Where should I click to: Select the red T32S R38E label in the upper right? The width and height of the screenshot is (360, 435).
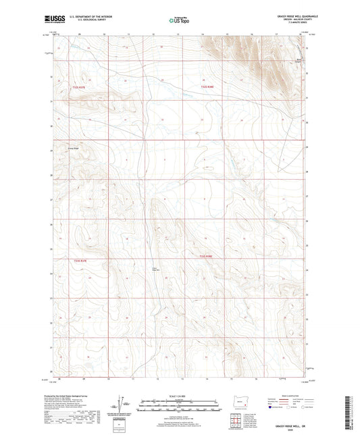pyautogui.click(x=207, y=86)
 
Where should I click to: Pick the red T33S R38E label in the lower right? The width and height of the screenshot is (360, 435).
pyautogui.click(x=207, y=257)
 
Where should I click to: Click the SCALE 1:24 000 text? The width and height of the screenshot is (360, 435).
pyautogui.click(x=180, y=396)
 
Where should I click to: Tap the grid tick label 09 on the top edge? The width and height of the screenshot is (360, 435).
pyautogui.click(x=80, y=33)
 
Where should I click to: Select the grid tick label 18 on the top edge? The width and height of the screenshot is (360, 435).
pyautogui.click(x=277, y=33)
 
